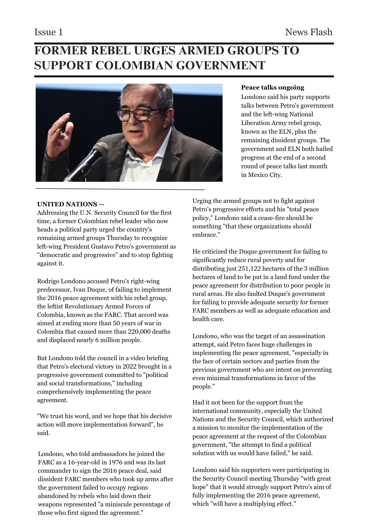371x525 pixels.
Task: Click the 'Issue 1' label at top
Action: pos(49,32)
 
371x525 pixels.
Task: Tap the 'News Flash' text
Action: pos(309,32)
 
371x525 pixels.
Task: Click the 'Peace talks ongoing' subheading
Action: pos(273,87)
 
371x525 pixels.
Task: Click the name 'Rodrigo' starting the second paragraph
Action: pos(48,281)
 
